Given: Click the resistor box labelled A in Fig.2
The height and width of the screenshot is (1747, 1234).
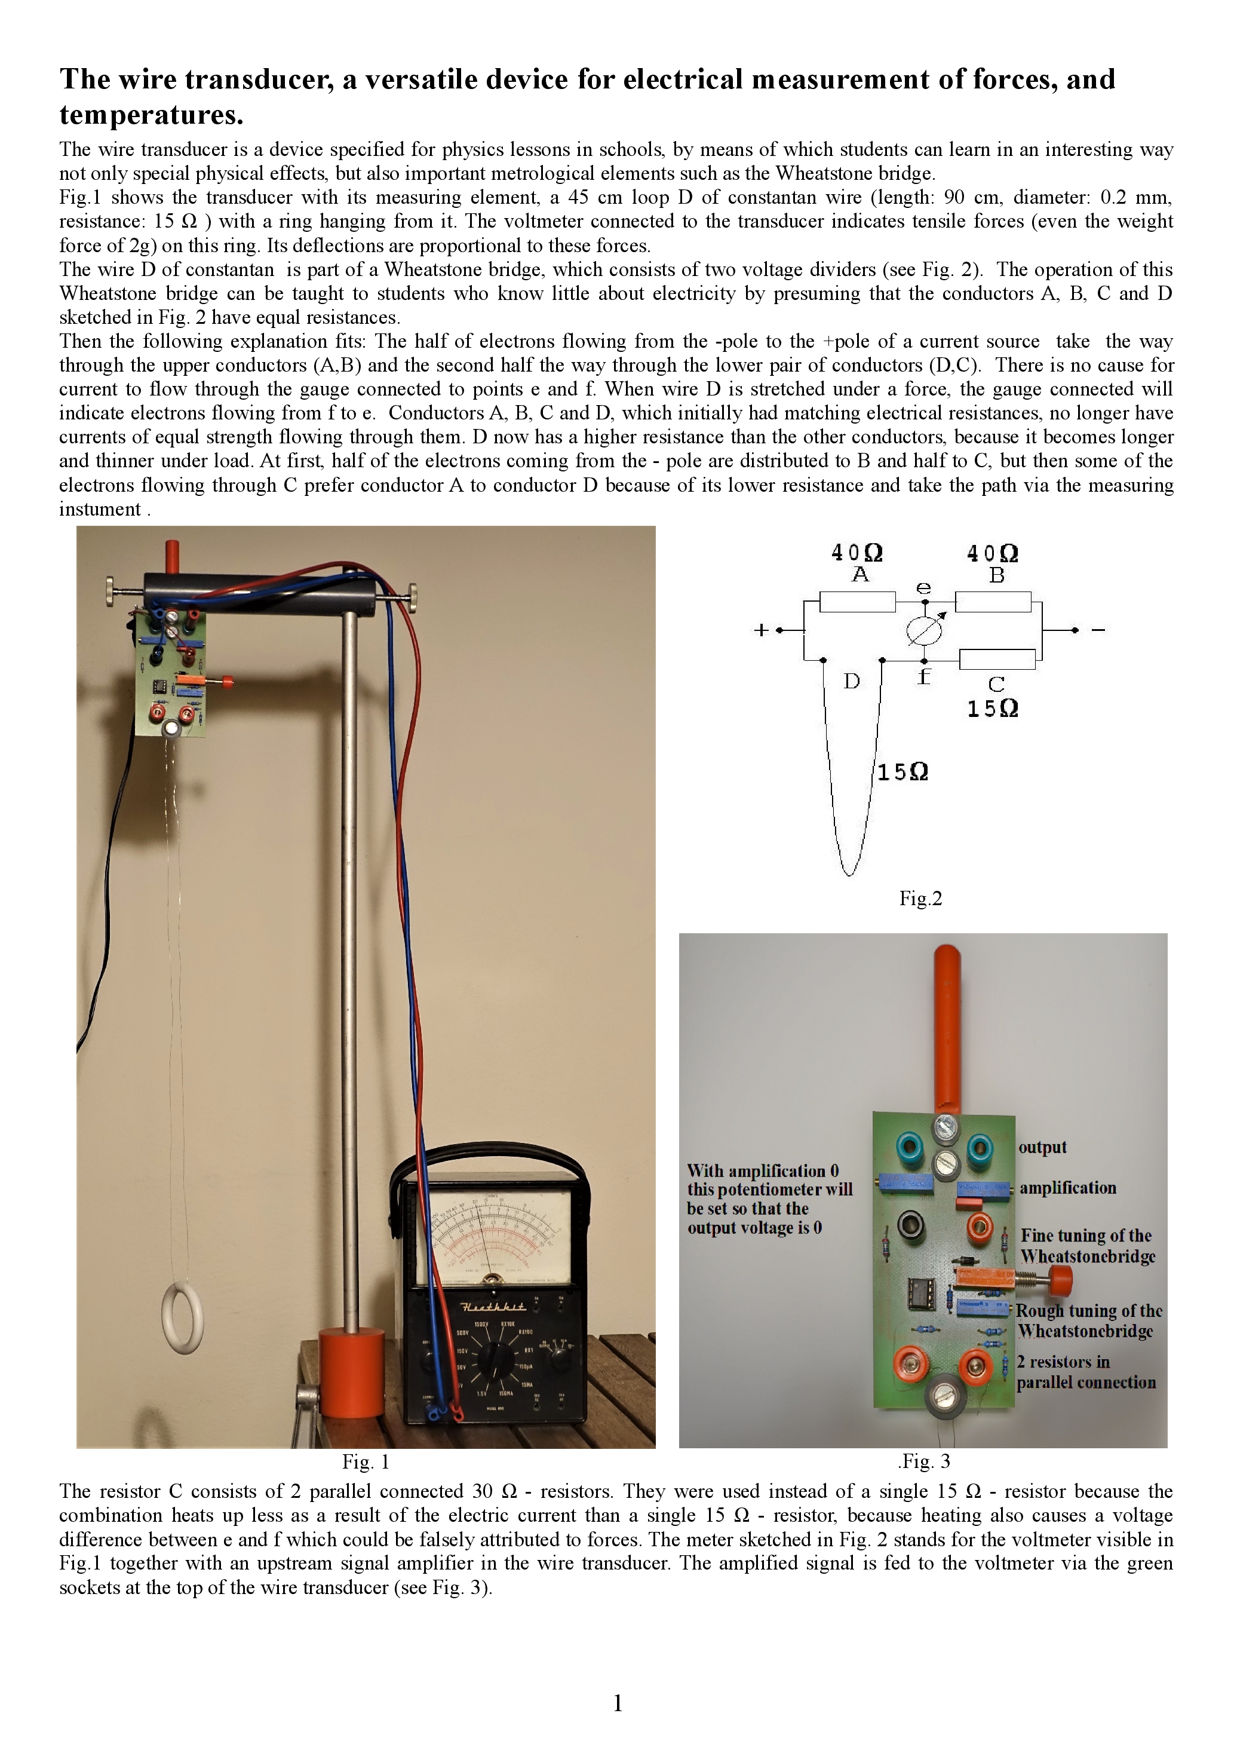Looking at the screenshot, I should (x=858, y=602).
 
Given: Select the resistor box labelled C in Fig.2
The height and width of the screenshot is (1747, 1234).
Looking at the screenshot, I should (x=997, y=659).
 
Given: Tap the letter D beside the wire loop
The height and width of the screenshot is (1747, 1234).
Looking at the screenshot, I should (x=851, y=681).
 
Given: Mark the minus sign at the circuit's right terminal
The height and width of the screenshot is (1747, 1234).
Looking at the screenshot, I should (x=1098, y=630).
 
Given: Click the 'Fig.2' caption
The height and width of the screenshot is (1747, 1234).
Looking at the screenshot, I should (x=920, y=899).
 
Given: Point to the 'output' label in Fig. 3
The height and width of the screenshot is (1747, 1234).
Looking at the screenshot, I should (x=1042, y=1147).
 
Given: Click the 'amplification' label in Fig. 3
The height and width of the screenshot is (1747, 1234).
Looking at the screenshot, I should (x=1067, y=1188).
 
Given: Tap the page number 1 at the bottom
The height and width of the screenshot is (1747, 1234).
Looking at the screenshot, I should (x=618, y=1703).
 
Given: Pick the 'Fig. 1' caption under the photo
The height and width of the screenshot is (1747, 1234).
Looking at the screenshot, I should (x=365, y=1461).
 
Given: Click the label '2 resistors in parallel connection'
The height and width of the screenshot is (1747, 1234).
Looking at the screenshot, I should (x=1086, y=1372).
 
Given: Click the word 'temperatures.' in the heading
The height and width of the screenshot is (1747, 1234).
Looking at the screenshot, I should (x=151, y=115).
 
